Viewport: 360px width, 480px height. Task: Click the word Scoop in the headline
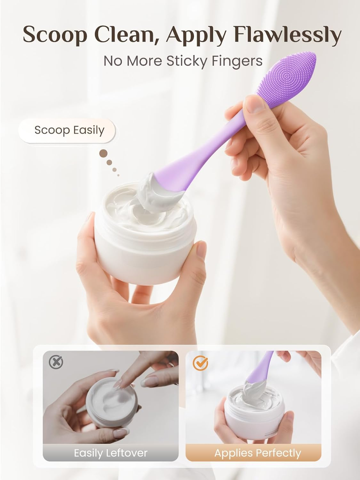tap(55, 35)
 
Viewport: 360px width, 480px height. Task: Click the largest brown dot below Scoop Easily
tap(103, 154)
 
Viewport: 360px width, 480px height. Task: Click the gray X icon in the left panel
tap(56, 362)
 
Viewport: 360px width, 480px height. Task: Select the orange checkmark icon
tap(200, 363)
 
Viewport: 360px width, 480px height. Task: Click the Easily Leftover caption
tap(111, 453)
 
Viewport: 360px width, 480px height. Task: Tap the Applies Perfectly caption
tap(258, 453)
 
